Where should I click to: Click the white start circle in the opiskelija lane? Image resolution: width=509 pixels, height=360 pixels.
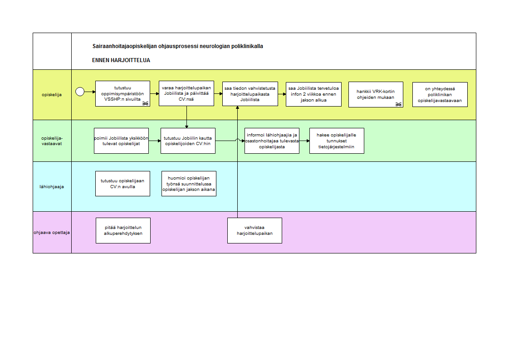pos(80,92)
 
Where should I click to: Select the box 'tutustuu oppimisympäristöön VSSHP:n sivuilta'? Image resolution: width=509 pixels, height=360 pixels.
pos(122,94)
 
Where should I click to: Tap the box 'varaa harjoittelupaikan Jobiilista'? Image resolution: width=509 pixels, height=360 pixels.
pos(186,93)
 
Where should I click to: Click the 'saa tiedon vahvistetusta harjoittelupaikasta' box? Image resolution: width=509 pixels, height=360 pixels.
pos(250,94)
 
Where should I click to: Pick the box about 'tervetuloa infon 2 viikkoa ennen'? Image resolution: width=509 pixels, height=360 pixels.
pos(313,94)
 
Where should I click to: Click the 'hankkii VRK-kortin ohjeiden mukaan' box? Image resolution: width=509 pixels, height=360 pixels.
pos(376,94)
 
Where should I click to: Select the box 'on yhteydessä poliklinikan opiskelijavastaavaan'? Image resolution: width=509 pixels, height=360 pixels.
pos(440,94)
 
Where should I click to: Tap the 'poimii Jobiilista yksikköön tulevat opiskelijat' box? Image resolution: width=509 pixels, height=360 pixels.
pos(122,141)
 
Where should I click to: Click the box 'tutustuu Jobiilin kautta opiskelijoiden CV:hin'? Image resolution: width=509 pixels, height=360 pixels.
pos(188,141)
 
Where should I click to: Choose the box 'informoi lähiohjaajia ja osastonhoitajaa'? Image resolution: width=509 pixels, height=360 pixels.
pos(272,141)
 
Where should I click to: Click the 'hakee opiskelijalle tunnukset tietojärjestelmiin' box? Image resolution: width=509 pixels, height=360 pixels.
pos(337,141)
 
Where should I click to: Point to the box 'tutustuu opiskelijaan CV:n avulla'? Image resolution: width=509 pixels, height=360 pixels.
pos(122,184)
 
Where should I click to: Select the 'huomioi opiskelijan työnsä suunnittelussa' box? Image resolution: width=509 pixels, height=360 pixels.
pos(189,184)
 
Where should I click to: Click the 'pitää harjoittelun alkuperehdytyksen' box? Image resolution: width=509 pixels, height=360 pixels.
pos(123,231)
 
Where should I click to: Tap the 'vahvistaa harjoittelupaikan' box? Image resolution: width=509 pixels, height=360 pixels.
pos(255,231)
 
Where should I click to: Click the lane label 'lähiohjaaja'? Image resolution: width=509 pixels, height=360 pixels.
pos(52,186)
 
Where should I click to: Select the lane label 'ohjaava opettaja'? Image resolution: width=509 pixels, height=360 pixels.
pos(52,233)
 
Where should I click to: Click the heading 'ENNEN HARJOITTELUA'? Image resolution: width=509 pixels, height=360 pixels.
pos(121,60)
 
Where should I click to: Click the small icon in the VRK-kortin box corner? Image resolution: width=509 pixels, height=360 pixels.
pos(398,104)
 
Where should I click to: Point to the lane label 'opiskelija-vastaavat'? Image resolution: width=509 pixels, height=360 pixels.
pos(52,141)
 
